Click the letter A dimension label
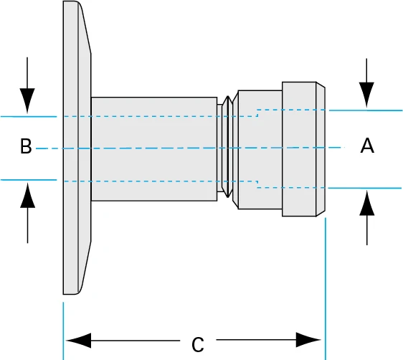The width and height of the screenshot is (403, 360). point(366,146)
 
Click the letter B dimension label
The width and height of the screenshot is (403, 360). point(26,148)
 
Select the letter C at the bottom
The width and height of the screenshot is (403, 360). point(198,345)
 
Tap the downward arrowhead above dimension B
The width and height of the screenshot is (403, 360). point(27,100)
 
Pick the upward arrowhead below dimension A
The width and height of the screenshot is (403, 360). point(366,204)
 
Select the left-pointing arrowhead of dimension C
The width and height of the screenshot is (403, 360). point(77,338)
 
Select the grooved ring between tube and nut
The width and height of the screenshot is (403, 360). point(227,148)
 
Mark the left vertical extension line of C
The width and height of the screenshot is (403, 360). point(64,330)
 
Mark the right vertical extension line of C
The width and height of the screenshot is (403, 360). point(326,287)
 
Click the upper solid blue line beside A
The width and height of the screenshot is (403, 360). point(366,110)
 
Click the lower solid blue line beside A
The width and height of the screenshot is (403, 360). point(366,188)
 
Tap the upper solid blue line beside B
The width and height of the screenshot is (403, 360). point(29,115)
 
